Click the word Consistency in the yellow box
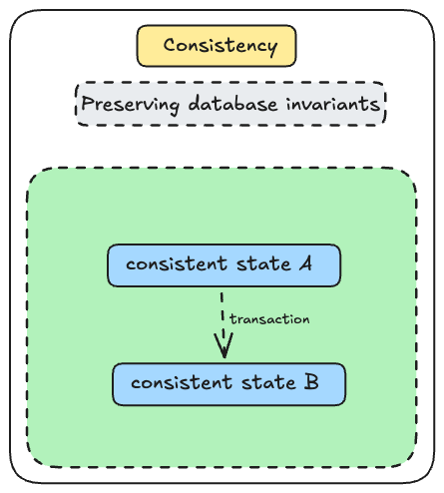click(221, 46)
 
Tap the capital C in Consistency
click(171, 45)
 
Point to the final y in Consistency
click(272, 48)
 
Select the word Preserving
click(130, 104)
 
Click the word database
click(232, 103)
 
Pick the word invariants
click(333, 103)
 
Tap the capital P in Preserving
click(88, 103)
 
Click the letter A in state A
click(305, 263)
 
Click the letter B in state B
click(311, 382)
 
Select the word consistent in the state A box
click(177, 263)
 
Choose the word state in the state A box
click(263, 264)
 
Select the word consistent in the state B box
click(182, 382)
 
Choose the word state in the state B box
click(268, 382)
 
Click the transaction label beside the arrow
click(269, 319)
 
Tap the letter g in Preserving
click(174, 107)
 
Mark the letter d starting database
click(195, 103)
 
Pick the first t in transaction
click(232, 318)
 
